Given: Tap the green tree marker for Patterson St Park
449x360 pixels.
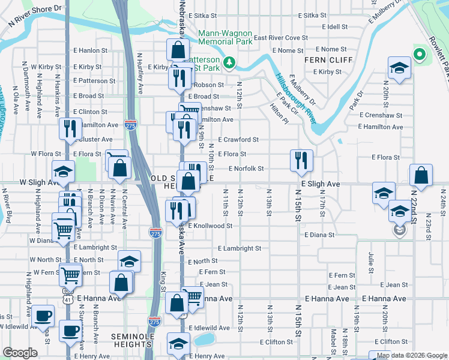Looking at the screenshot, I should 229,62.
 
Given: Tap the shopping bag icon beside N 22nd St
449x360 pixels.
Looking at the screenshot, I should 421,176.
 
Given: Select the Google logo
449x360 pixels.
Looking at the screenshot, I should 20,353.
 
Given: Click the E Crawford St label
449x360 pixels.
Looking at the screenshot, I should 238,139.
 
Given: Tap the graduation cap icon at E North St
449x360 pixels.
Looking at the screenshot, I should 129,261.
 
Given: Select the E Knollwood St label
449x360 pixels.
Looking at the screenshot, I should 210,226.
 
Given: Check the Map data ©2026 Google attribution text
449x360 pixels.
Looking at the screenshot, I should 412,355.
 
